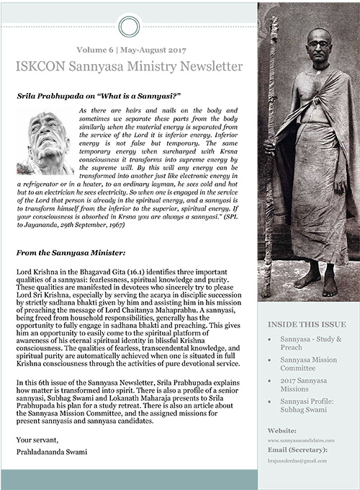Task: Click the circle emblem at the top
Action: (x=128, y=26)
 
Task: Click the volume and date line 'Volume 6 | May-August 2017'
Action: (x=128, y=50)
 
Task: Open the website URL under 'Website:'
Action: (x=304, y=439)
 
